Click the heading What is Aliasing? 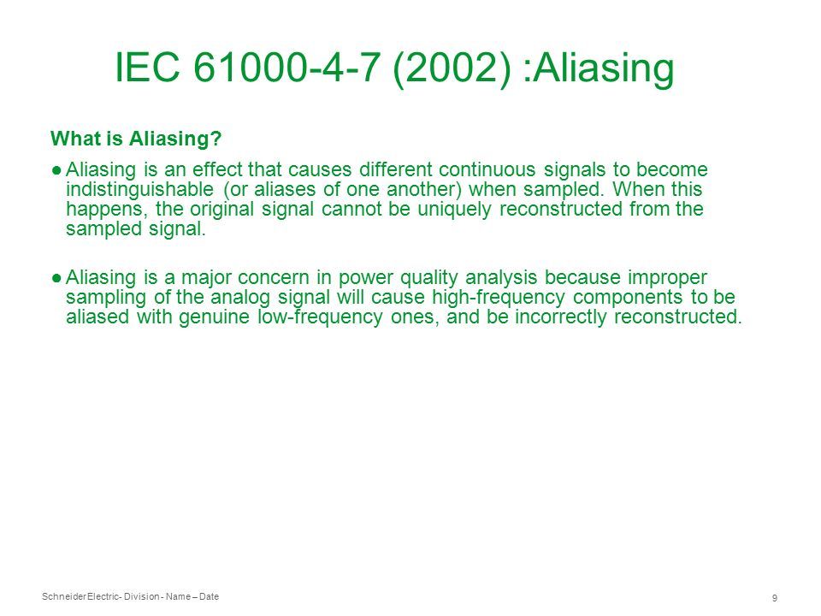point(136,139)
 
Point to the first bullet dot point(56,169)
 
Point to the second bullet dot point(56,277)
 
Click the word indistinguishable point(139,190)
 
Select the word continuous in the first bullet point(487,169)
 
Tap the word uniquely point(454,210)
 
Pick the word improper point(667,277)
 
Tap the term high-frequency point(499,298)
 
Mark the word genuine point(214,317)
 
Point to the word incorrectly point(560,317)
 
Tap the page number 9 point(775,598)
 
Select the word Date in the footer point(209,596)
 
